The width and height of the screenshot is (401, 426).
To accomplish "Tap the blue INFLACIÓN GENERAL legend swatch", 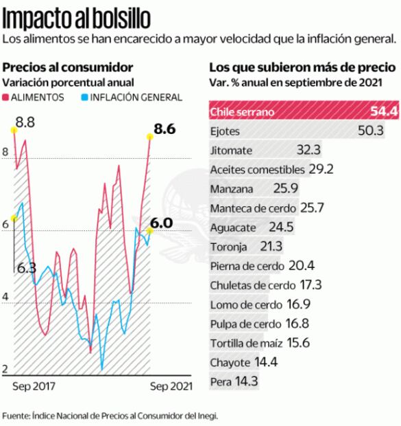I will [84, 98].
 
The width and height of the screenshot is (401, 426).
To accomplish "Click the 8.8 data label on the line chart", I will [25, 123].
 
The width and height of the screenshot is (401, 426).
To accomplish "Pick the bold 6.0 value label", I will [161, 223].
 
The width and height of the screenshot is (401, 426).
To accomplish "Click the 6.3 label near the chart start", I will [26, 268].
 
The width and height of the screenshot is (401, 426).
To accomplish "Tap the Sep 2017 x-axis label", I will [34, 386].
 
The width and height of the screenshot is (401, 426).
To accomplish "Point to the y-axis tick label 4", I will [5, 297].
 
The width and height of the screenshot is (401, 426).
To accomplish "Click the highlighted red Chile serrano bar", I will [302, 111].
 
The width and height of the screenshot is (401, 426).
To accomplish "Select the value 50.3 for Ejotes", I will [370, 131].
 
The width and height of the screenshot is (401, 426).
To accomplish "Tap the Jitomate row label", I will [232, 150].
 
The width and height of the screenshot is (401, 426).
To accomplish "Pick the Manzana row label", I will [232, 188].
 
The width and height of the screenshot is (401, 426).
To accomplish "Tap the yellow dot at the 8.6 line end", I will [149, 136].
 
